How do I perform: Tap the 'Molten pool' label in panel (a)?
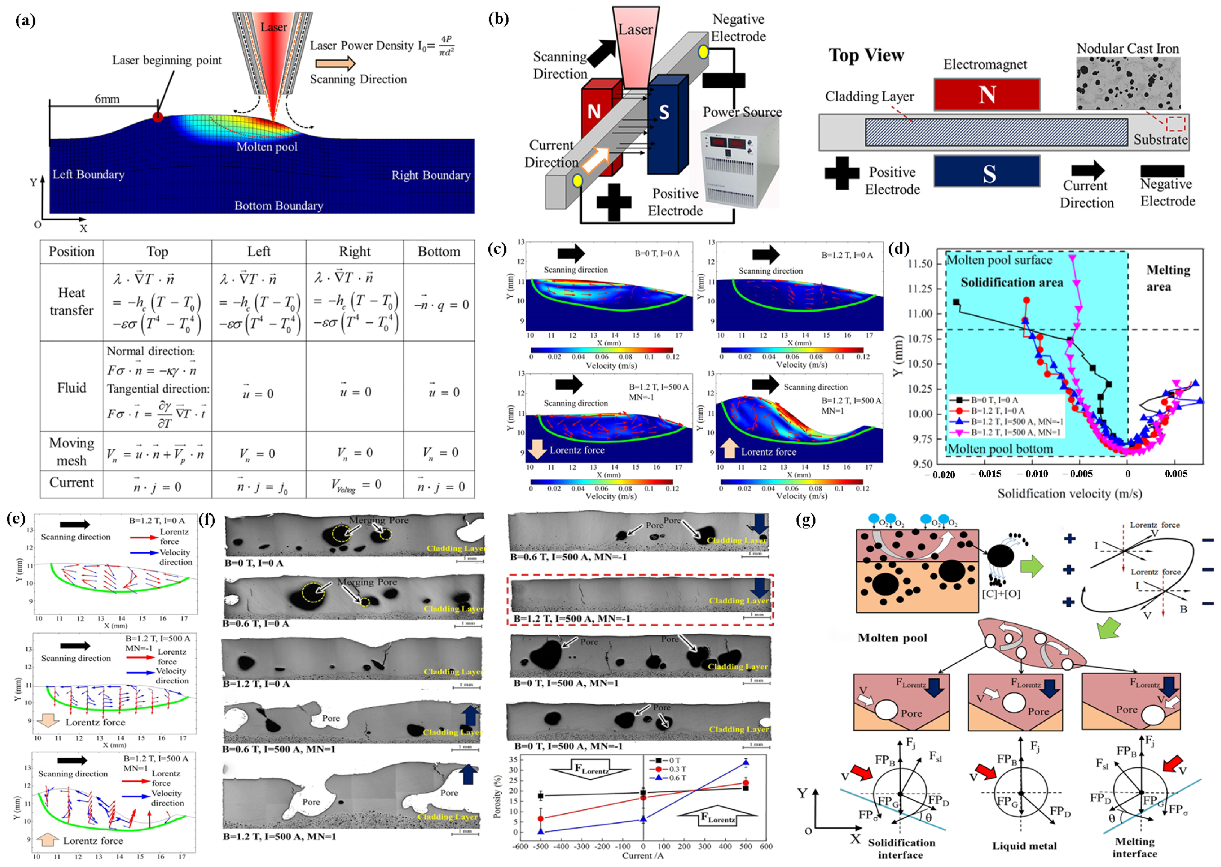click(x=267, y=147)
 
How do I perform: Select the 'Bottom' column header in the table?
click(x=439, y=251)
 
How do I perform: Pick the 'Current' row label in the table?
click(x=72, y=483)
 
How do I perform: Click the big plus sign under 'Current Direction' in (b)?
click(x=614, y=202)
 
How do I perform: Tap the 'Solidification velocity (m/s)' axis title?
click(x=1069, y=493)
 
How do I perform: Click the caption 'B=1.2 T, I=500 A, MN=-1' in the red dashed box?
click(x=572, y=619)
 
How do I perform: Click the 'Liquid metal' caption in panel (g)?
click(x=1024, y=846)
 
